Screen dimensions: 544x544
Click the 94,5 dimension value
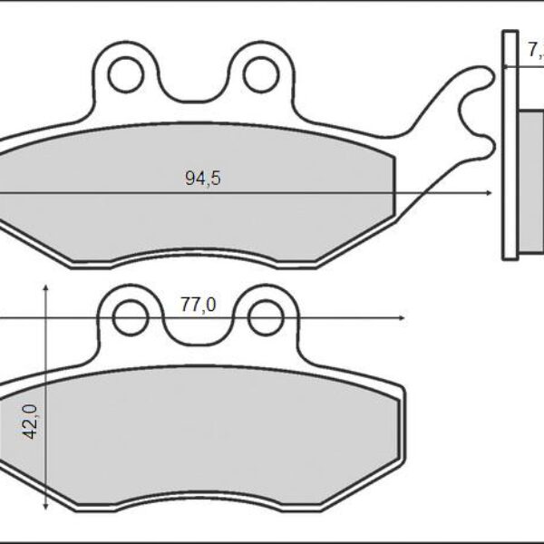[x=203, y=179]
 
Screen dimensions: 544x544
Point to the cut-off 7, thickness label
[x=533, y=52]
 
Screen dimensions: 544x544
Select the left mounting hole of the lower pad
[x=130, y=317]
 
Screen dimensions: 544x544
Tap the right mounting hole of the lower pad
[x=265, y=317]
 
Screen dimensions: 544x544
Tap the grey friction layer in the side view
[x=529, y=181]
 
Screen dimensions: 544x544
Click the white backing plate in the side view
[x=508, y=145]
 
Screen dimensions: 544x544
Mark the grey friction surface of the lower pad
[x=209, y=435]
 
